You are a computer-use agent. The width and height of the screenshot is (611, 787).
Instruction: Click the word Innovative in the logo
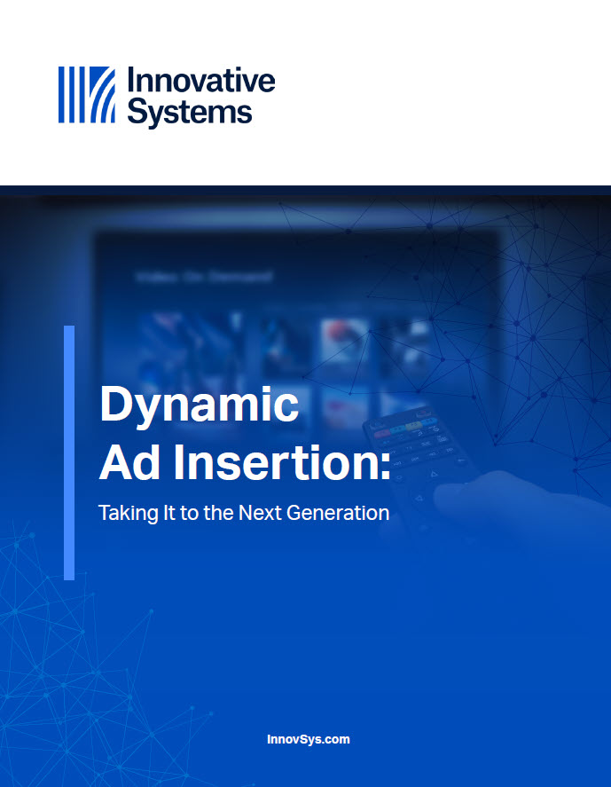[x=201, y=81]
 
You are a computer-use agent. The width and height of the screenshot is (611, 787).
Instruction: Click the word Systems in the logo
[x=190, y=112]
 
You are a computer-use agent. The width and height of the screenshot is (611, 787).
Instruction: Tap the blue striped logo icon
[x=87, y=95]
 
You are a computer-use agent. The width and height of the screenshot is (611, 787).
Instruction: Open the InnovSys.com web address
[x=309, y=739]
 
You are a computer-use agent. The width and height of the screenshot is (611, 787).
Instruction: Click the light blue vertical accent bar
[x=69, y=453]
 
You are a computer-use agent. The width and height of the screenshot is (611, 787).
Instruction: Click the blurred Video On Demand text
[x=204, y=277]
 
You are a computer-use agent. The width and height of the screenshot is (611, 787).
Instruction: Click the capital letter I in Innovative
[x=131, y=81]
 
